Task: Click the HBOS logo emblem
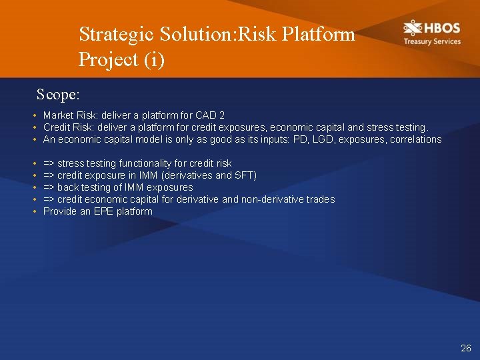click(412, 28)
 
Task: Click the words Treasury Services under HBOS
click(431, 41)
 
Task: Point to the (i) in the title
click(153, 59)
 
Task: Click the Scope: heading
click(58, 94)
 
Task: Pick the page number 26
click(465, 348)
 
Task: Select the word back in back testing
click(69, 187)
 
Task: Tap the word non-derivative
click(270, 199)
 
